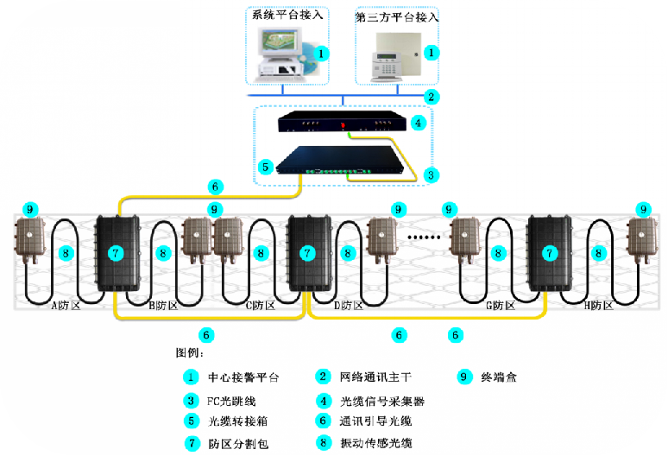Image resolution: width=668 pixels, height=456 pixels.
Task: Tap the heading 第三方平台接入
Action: click(x=397, y=16)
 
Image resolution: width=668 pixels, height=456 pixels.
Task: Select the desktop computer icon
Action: click(x=281, y=54)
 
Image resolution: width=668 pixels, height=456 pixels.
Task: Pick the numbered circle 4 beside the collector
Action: click(x=419, y=123)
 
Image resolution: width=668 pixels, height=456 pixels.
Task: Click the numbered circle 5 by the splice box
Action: click(x=267, y=165)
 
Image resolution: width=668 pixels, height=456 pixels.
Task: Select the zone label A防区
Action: click(x=64, y=306)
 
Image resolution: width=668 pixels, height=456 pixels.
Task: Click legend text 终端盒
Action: click(x=500, y=377)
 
